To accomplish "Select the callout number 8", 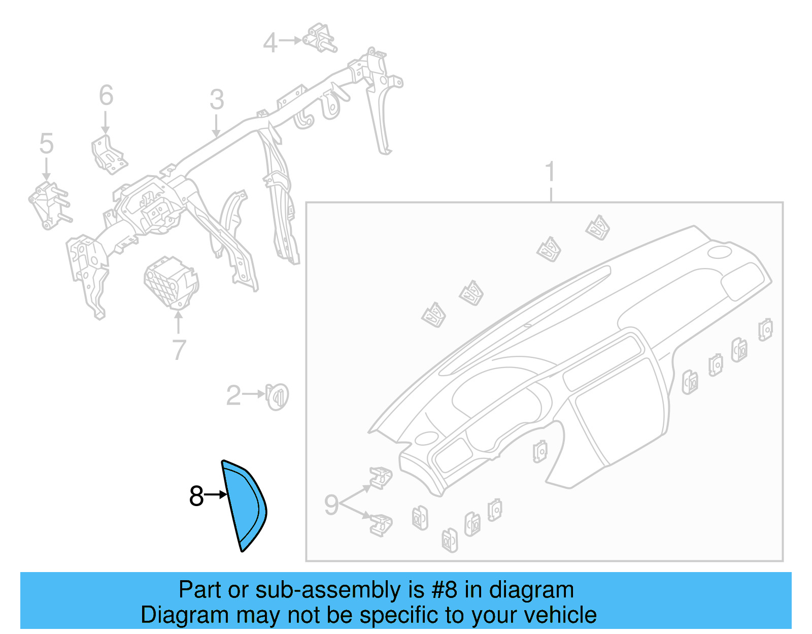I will pyautogui.click(x=196, y=496).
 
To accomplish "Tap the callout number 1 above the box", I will pyautogui.click(x=551, y=172).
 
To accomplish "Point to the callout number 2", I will pyautogui.click(x=233, y=395).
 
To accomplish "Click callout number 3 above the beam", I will pyautogui.click(x=217, y=99).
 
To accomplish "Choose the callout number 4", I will pyautogui.click(x=270, y=43).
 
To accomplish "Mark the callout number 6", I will pyautogui.click(x=106, y=95).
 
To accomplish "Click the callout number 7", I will pyautogui.click(x=179, y=350).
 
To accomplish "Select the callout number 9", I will pyautogui.click(x=331, y=505).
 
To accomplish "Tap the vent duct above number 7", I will pyautogui.click(x=172, y=282).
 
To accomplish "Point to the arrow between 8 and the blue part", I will pyautogui.click(x=215, y=494).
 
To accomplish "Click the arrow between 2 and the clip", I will pyautogui.click(x=253, y=393).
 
